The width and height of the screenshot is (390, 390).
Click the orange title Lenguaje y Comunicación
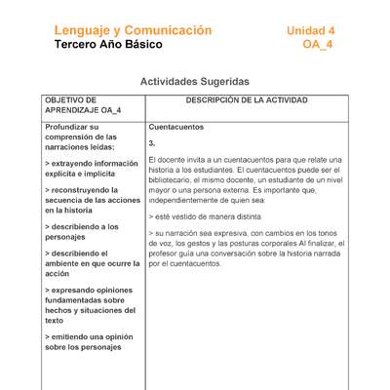coord(133,30)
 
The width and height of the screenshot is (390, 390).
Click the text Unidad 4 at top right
coord(310,30)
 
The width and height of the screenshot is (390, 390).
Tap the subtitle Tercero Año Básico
coord(109,45)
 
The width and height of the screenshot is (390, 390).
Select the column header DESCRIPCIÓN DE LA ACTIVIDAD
coord(247,100)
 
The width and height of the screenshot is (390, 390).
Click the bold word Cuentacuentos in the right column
coord(176,128)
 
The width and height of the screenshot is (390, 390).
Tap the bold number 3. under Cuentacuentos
coord(152,142)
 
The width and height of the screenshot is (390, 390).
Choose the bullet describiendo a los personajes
coord(82,231)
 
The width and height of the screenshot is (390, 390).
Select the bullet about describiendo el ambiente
coord(89,263)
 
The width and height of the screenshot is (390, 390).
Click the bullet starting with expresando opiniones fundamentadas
coord(91,304)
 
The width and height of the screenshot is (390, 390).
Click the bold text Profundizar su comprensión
coord(81,137)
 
